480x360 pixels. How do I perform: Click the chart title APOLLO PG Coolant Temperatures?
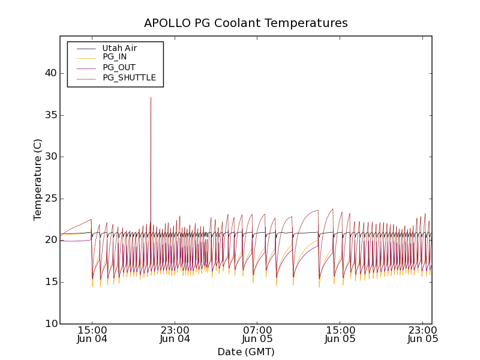coord(245,23)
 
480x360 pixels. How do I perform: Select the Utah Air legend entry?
coord(119,48)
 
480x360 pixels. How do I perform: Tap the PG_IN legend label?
coord(115,57)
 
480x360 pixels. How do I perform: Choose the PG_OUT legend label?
coord(119,67)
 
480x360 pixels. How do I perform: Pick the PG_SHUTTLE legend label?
coord(129,77)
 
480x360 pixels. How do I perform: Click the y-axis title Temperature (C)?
coord(38,179)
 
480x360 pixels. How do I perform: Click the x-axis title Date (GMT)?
coord(245,352)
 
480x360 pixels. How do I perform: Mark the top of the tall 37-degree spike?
coord(151,98)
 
